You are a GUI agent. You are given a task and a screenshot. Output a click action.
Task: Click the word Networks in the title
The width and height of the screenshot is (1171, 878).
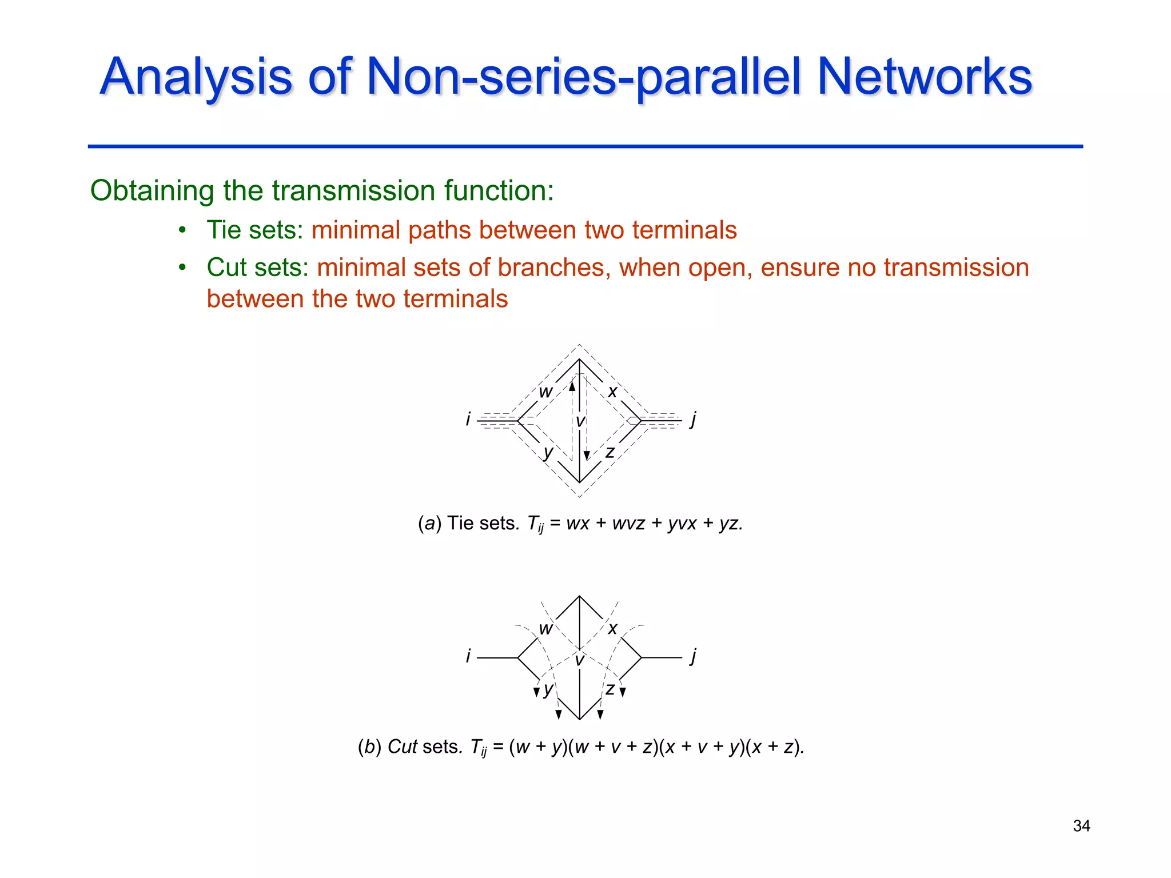click(925, 77)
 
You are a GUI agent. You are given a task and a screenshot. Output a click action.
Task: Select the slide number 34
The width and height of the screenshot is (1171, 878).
click(1081, 825)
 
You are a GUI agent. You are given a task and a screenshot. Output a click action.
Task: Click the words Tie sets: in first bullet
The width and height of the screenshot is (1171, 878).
click(255, 230)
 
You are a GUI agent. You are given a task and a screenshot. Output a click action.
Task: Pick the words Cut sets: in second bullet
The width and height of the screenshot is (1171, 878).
click(257, 268)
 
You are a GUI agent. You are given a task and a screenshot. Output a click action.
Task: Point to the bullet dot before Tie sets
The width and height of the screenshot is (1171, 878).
click(182, 230)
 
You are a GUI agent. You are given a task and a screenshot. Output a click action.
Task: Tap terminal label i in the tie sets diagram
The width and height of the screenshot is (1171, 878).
click(468, 420)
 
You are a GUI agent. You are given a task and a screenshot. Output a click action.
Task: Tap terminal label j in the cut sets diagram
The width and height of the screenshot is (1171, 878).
click(693, 655)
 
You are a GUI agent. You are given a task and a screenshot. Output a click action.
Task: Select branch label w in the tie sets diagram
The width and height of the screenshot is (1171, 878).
click(545, 392)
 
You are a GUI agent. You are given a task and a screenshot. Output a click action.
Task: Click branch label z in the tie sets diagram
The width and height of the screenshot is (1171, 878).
click(610, 452)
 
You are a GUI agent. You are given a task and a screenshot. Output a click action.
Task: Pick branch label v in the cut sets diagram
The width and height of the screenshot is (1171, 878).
click(580, 661)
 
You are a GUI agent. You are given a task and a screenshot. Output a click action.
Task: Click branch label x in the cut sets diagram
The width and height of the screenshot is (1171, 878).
click(612, 629)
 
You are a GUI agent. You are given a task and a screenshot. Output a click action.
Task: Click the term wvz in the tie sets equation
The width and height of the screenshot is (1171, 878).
click(629, 523)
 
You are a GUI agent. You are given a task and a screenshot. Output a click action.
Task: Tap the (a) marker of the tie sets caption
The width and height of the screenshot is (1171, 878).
click(429, 523)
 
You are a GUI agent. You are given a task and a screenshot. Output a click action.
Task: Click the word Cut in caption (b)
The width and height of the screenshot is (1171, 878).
click(403, 747)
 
